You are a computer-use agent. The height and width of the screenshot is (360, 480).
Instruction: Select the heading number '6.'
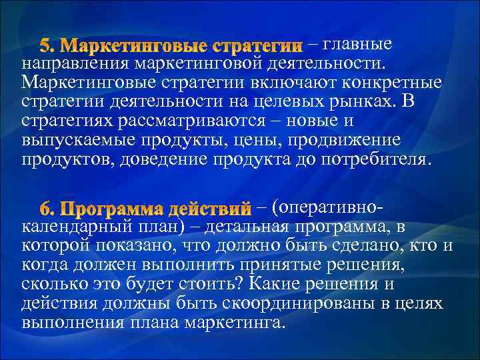point(51,208)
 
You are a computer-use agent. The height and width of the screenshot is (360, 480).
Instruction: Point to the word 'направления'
point(76,65)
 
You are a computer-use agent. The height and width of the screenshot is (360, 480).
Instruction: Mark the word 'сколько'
point(53,285)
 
